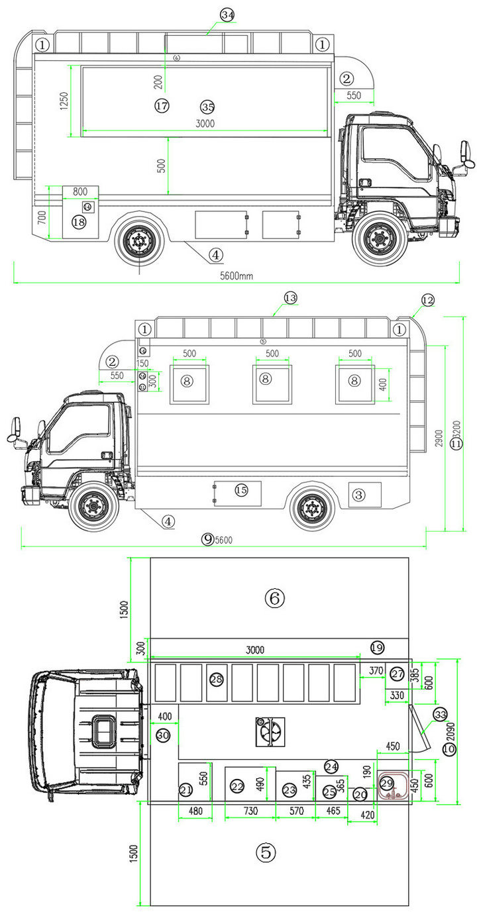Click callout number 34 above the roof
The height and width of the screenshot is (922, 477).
(227, 15)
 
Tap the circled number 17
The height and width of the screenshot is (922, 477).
(162, 106)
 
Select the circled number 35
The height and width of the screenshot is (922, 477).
(207, 107)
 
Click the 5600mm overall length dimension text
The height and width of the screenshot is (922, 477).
(237, 276)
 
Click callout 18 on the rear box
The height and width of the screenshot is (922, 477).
(78, 223)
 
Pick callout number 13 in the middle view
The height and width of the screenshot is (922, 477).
(290, 298)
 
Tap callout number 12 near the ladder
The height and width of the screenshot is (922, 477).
(427, 301)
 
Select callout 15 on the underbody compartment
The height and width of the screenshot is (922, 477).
(241, 489)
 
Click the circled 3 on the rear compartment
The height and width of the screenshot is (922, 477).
(358, 494)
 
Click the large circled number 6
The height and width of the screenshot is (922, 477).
(274, 598)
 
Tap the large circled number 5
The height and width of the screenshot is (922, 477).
(266, 853)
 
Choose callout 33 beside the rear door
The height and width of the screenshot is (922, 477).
(441, 715)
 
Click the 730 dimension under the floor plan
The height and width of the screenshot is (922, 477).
(250, 811)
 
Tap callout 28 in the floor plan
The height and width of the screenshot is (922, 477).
(217, 680)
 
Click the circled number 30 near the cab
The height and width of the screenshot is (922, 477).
(163, 735)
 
